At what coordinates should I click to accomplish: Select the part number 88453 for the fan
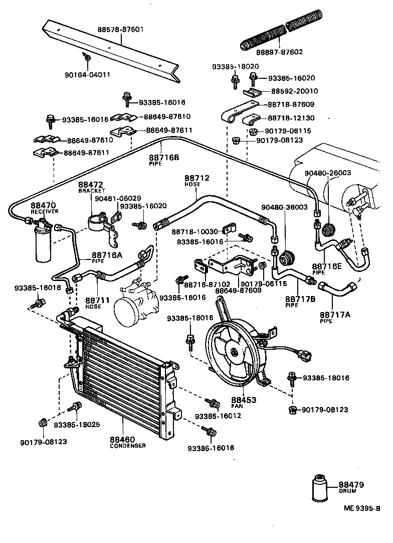244,400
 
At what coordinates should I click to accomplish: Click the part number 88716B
163,158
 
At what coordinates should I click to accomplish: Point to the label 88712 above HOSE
197,178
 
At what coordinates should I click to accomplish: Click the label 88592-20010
294,91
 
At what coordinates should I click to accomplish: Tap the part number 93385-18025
77,425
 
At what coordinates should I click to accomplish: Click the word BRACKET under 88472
92,191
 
